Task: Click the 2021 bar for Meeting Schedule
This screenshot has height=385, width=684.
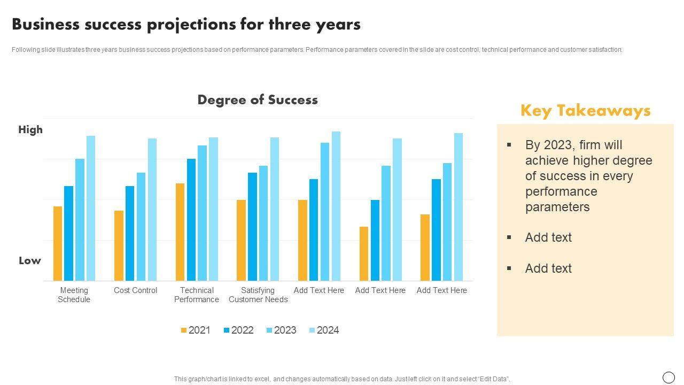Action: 58,243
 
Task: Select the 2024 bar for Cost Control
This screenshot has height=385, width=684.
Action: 152,210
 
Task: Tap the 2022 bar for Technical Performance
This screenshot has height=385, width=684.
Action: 191,220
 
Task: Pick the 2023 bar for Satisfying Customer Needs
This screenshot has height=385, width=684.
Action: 263,223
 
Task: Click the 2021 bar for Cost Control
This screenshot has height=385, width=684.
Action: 119,245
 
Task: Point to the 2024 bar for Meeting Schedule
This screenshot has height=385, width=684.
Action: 91,208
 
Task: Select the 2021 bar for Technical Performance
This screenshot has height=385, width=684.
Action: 180,232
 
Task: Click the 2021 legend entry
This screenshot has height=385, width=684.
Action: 196,330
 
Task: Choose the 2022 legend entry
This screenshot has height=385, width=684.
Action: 238,330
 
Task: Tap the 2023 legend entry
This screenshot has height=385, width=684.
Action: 281,330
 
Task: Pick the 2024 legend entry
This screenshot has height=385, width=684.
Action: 324,330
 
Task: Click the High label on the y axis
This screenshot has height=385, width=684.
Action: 30,130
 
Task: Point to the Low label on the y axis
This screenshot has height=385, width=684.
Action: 30,261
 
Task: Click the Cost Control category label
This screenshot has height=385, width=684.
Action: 135,290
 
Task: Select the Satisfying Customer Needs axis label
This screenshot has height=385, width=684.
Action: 258,295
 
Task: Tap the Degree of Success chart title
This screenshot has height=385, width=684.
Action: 258,100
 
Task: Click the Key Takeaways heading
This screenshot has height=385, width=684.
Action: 585,111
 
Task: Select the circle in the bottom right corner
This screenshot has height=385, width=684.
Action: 669,378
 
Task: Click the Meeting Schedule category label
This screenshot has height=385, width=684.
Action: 74,295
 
